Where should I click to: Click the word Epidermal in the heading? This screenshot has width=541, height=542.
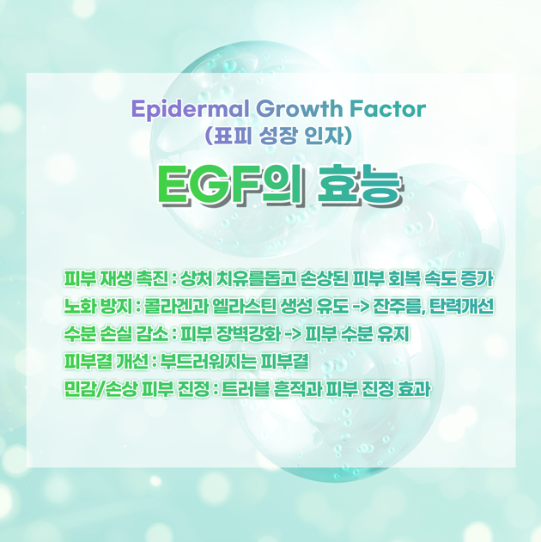pyautogui.click(x=190, y=110)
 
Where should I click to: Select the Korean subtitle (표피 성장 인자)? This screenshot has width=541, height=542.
pyautogui.click(x=278, y=136)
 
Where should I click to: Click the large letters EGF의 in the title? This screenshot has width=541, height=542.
pyautogui.click(x=231, y=186)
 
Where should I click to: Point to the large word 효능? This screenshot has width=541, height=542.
pyautogui.click(x=360, y=186)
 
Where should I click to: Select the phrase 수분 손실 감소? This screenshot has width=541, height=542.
pyautogui.click(x=116, y=334)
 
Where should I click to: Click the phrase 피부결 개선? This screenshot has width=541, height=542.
pyautogui.click(x=106, y=362)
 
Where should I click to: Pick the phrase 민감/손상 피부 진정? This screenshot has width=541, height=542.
pyautogui.click(x=137, y=389)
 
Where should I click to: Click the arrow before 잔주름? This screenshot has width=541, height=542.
pyautogui.click(x=362, y=307)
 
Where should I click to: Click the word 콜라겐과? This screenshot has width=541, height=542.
pyautogui.click(x=177, y=307)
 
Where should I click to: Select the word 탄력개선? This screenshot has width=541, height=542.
pyautogui.click(x=461, y=307)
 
